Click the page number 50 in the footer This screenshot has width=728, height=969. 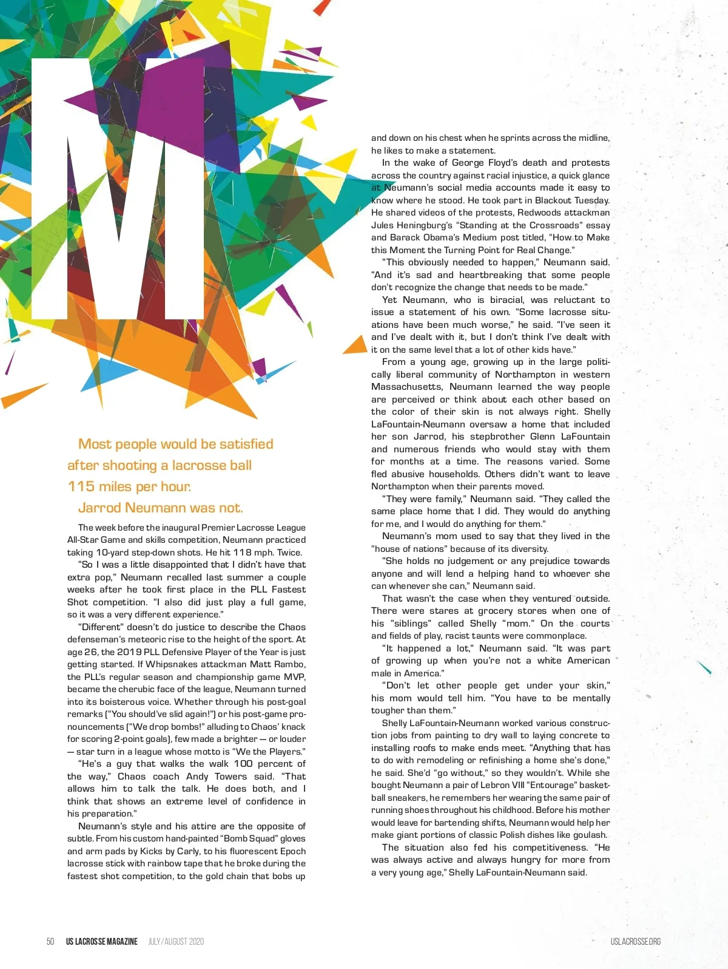click(50, 941)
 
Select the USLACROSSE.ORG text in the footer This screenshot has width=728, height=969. click(635, 941)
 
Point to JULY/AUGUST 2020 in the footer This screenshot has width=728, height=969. click(176, 941)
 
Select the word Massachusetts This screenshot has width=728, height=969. click(406, 387)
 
